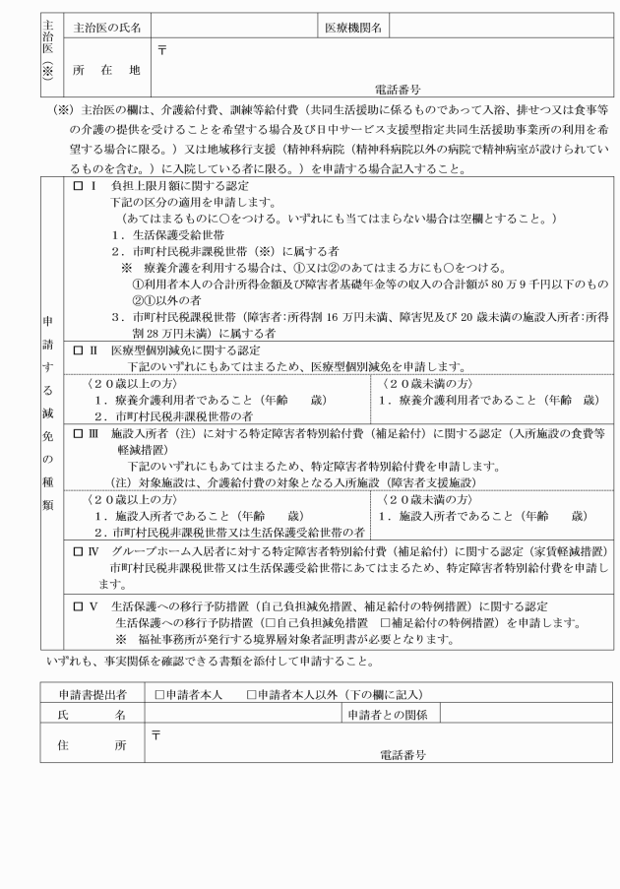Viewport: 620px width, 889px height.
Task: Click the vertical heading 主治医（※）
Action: [x=47, y=55]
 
